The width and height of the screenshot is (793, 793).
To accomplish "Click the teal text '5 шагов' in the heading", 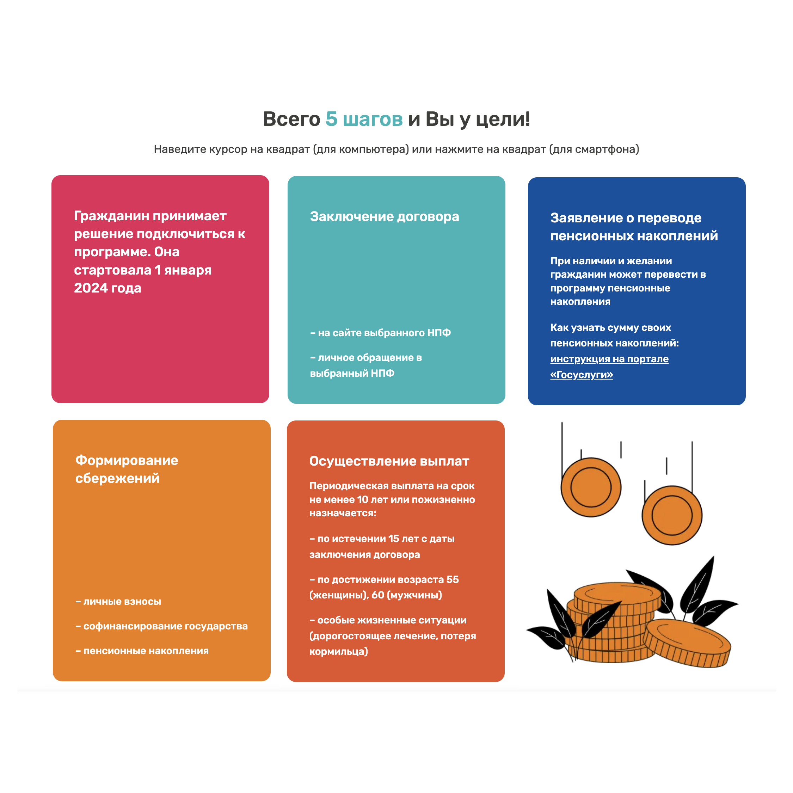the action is pos(364,119).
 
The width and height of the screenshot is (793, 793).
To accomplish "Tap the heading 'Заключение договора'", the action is pos(385,217).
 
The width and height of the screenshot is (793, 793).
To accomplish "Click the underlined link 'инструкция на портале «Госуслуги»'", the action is pos(609,367).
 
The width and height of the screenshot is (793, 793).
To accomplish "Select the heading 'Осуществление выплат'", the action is pos(389,461).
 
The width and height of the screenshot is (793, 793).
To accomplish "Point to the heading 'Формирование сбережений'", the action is pos(127,469).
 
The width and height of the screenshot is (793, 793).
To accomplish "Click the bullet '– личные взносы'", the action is pos(118,601).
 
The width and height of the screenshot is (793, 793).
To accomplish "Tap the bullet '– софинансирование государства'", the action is pos(162,626).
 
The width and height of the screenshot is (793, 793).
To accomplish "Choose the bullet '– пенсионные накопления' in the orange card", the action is pos(142,651).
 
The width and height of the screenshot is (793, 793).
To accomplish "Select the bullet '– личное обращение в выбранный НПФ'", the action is pos(366,365).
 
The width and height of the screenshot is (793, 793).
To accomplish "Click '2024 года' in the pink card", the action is pos(107,288).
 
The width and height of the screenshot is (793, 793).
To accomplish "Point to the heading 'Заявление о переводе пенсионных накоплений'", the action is pos(634,227).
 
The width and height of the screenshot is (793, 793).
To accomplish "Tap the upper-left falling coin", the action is pos(591,487).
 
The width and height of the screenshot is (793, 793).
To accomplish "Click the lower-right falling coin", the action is pos(672,515).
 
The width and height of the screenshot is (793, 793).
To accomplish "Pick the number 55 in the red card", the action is pos(452,579).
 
